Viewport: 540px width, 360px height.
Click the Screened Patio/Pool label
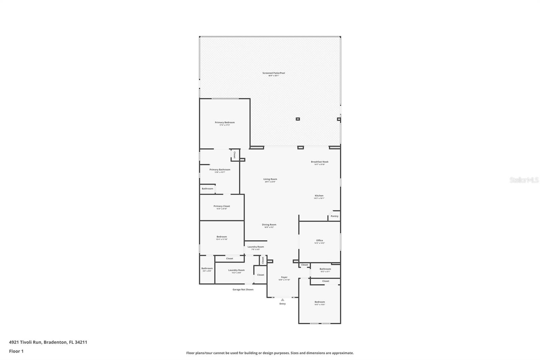click(x=274, y=73)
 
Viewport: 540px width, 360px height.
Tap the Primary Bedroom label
click(x=224, y=123)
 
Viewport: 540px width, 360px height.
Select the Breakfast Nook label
click(x=320, y=162)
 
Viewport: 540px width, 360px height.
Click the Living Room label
click(x=270, y=179)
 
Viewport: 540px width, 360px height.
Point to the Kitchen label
click(x=319, y=196)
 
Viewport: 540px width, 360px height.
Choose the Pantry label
click(x=334, y=216)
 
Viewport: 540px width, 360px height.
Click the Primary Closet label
click(x=222, y=206)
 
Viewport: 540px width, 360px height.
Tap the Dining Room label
click(x=269, y=225)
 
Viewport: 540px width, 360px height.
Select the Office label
click(x=320, y=241)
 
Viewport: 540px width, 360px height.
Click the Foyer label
click(x=284, y=278)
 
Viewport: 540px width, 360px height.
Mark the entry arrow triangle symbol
click(x=282, y=300)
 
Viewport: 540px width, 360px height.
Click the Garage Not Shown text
click(x=243, y=289)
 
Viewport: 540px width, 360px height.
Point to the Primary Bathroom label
click(x=220, y=170)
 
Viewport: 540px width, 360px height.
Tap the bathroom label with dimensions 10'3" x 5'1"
click(x=325, y=269)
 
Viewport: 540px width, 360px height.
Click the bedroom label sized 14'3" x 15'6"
click(x=320, y=302)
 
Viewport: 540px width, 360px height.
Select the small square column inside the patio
click(x=298, y=119)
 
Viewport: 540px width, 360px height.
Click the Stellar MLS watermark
click(x=524, y=180)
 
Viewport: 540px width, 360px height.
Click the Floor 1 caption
click(x=16, y=351)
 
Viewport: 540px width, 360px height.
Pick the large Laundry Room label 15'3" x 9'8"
click(x=236, y=271)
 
